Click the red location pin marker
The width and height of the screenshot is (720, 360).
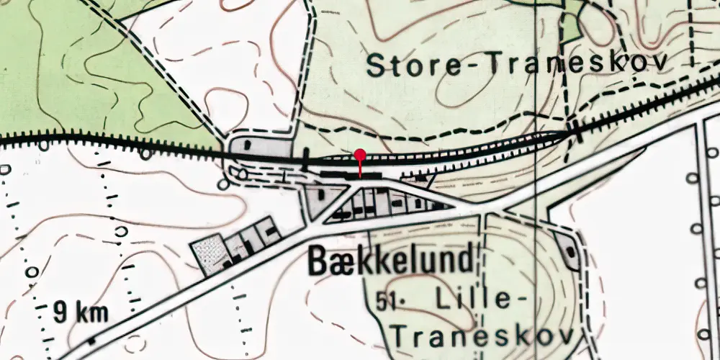[x=360, y=155]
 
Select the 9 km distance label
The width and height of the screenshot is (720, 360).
[x=81, y=312]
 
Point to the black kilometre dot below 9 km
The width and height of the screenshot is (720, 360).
[x=91, y=340]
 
